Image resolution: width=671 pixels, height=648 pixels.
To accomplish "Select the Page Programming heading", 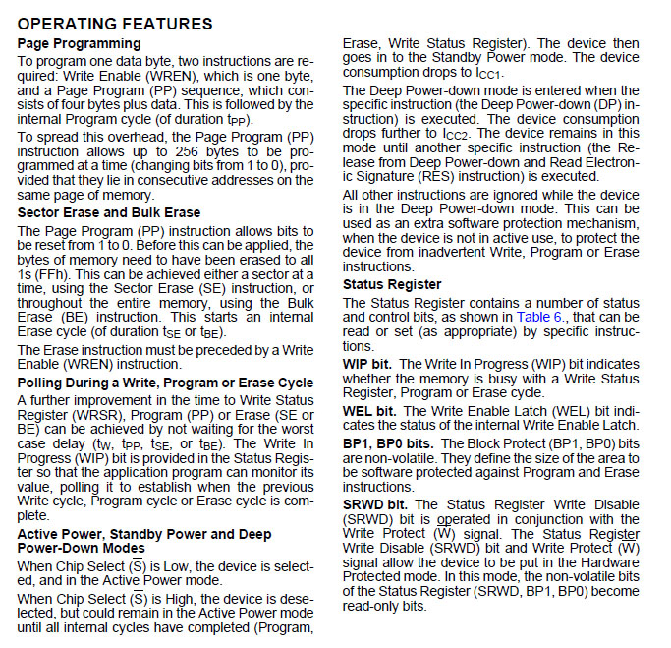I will (79, 44).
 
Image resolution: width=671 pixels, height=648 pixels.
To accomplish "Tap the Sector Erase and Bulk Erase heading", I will (108, 212).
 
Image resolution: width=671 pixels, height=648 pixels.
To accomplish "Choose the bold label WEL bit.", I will (366, 411).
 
